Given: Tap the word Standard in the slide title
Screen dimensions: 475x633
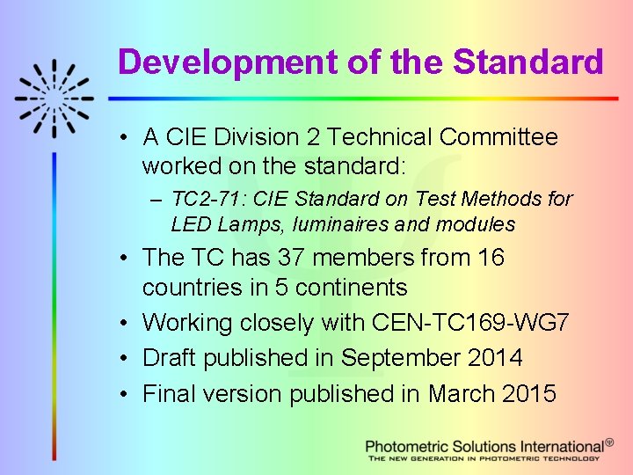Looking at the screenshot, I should pos(527,62).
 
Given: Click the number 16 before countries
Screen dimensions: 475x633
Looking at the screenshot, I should pos(511,258).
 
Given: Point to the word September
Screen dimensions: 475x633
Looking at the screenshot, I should pos(401,358).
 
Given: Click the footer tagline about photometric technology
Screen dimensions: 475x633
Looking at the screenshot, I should pos(484,458).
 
